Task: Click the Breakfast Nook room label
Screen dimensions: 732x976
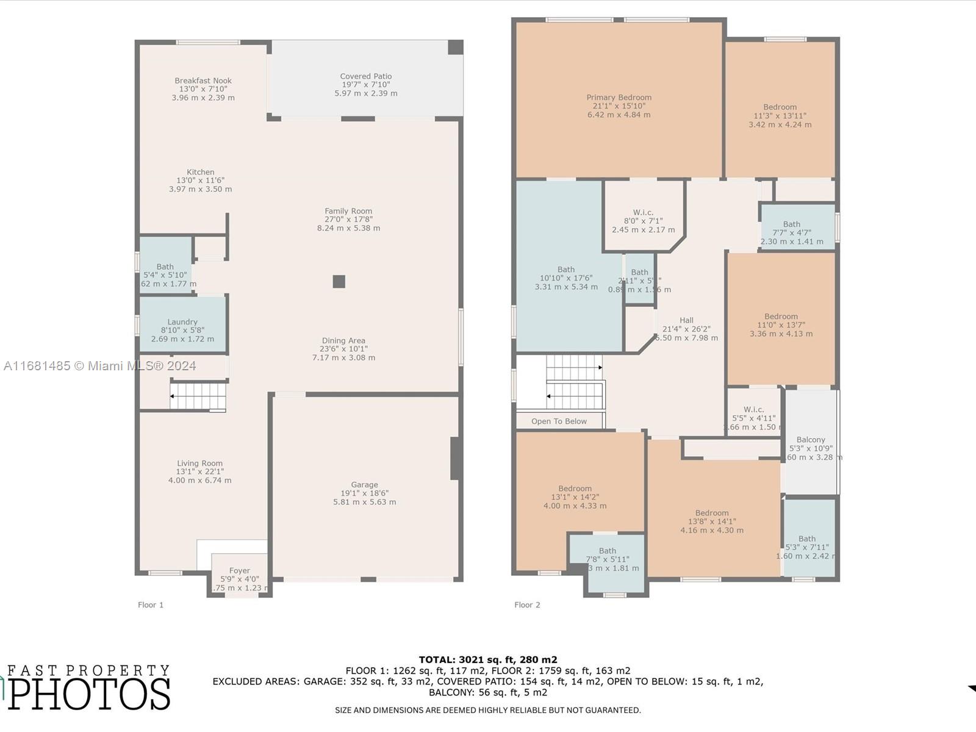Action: click(203, 81)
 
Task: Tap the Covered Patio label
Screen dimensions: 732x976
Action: click(366, 77)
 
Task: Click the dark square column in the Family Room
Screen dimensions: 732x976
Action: click(339, 281)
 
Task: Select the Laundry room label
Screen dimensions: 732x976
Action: click(182, 322)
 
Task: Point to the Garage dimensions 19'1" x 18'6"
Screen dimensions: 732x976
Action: click(364, 493)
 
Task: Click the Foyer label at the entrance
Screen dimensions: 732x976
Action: click(239, 571)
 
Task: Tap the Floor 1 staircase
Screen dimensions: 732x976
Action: click(198, 396)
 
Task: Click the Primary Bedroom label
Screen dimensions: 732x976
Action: click(619, 98)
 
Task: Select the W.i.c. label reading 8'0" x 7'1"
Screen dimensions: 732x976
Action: click(643, 221)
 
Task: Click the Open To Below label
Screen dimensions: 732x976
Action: click(559, 422)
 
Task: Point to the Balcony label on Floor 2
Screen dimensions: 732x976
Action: click(811, 440)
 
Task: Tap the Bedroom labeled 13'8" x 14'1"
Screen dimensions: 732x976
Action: click(712, 522)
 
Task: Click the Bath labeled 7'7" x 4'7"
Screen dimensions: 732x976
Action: click(792, 232)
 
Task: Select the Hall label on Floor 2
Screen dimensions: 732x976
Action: click(686, 320)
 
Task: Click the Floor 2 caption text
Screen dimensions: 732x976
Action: click(527, 605)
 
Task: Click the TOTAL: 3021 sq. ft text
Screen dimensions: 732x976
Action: click(487, 659)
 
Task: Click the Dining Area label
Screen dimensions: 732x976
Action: click(343, 341)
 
